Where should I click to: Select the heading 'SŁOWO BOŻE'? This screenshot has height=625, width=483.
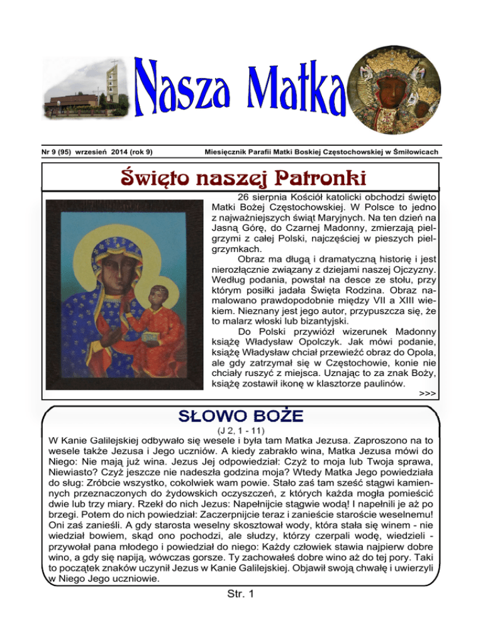241,416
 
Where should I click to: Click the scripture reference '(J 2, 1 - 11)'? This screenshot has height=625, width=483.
241,430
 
